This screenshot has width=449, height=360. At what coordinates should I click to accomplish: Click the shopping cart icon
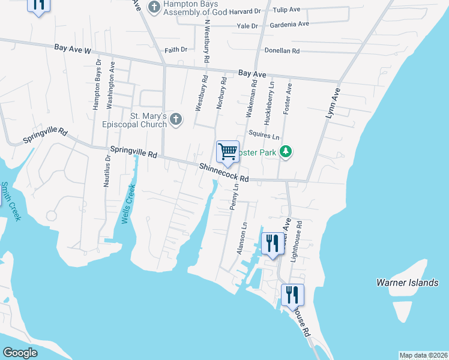coord(228,152)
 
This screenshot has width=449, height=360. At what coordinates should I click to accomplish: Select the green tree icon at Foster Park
coord(286,152)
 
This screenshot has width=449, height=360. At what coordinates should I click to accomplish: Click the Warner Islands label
coord(407,282)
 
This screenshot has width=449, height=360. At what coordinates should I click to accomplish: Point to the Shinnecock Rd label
coord(224,173)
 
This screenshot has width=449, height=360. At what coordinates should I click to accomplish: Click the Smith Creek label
coord(10,200)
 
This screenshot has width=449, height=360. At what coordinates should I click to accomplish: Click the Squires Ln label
coord(264,136)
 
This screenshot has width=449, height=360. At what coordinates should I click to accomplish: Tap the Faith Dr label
coord(176,49)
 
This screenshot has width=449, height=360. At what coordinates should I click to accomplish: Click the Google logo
coord(20,352)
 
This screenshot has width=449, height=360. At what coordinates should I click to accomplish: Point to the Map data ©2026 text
coord(423,355)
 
